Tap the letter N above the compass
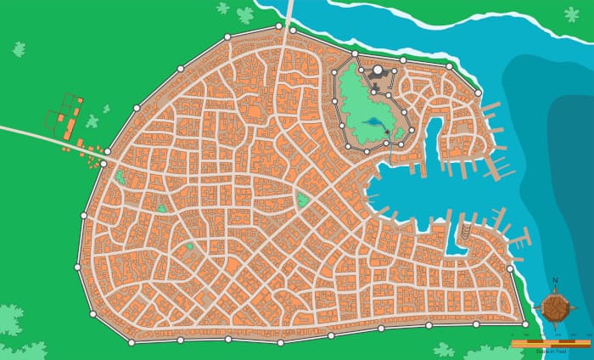[555, 281]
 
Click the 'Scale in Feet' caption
[550, 349]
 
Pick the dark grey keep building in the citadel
[378, 82]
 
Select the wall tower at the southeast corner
[525, 324]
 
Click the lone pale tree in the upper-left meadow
[19, 49]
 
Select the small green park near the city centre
[302, 200]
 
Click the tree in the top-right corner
[572, 14]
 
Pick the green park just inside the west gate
[120, 177]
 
